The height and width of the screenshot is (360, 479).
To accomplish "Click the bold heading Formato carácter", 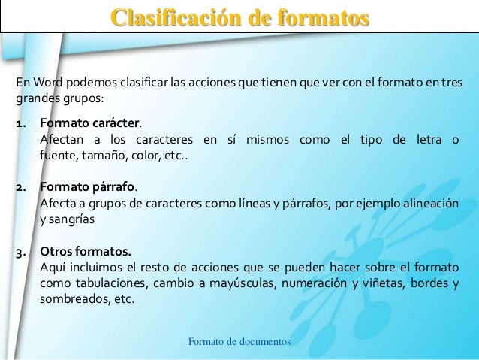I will click(89, 123).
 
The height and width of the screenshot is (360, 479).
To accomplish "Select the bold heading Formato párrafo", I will click(88, 187).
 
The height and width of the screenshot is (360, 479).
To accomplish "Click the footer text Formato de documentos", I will click(239, 342).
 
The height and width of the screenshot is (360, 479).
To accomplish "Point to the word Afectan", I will click(62, 141).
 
